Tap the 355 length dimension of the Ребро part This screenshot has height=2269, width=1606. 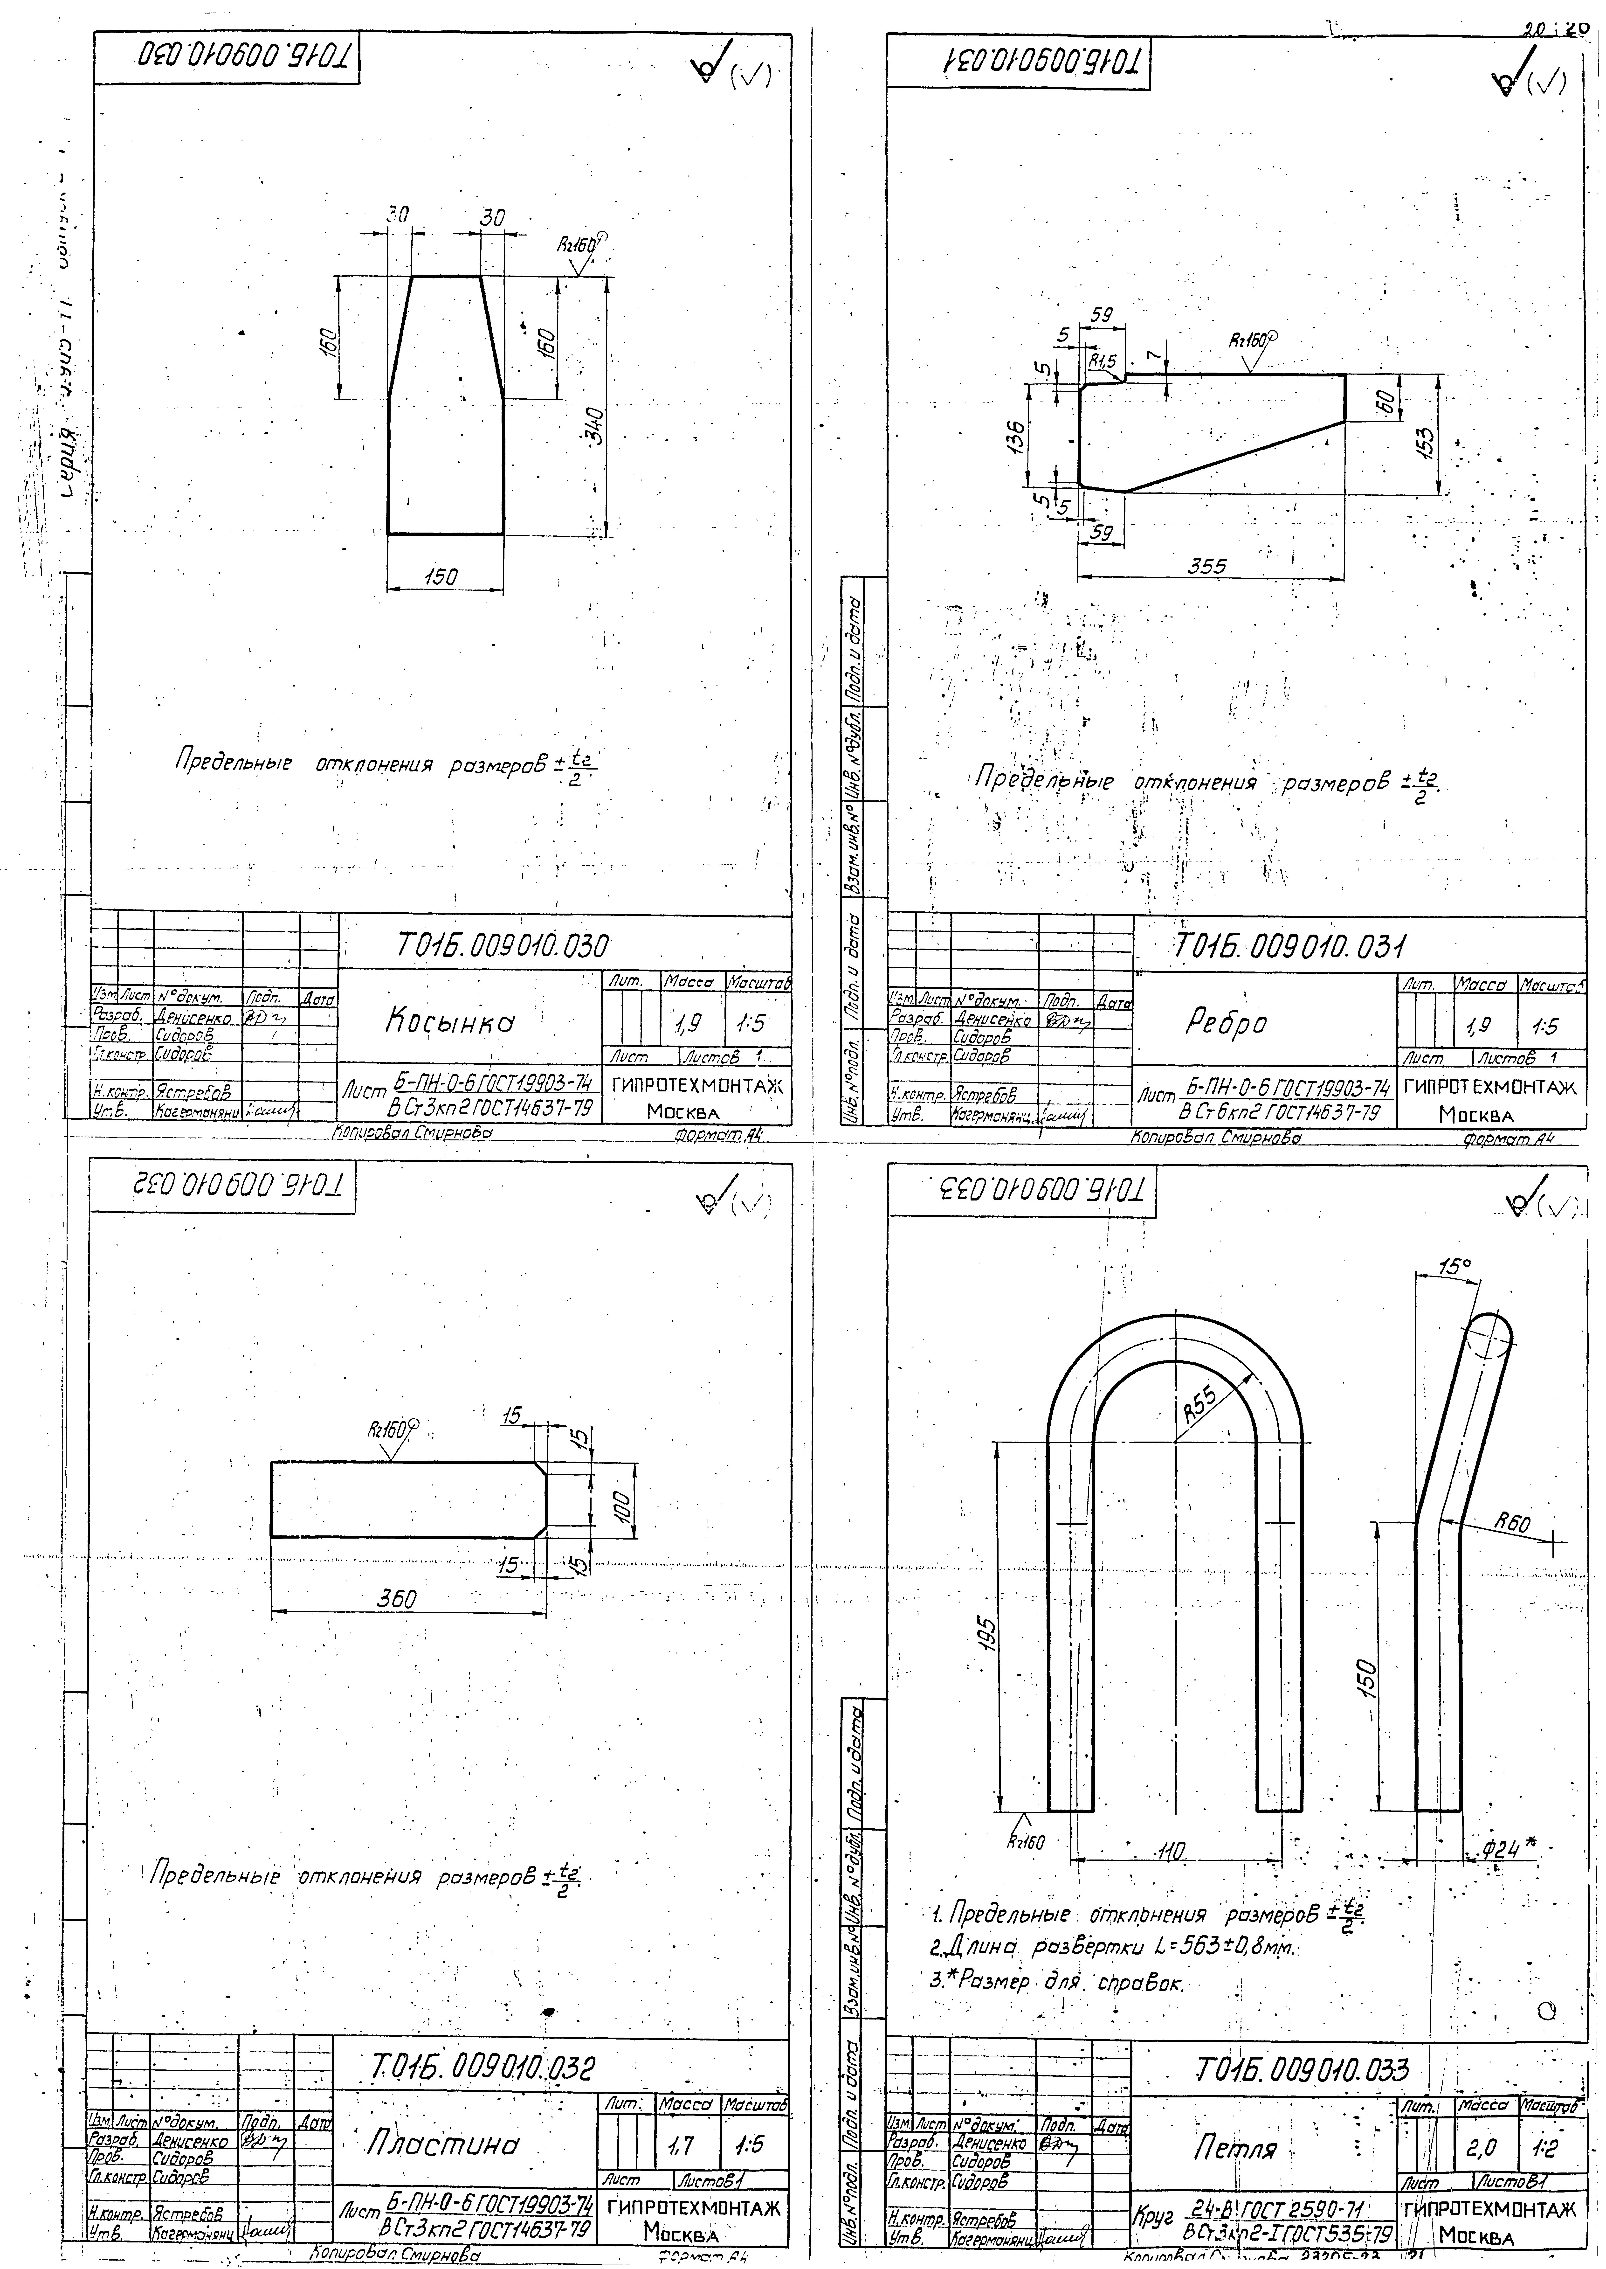click(1207, 567)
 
